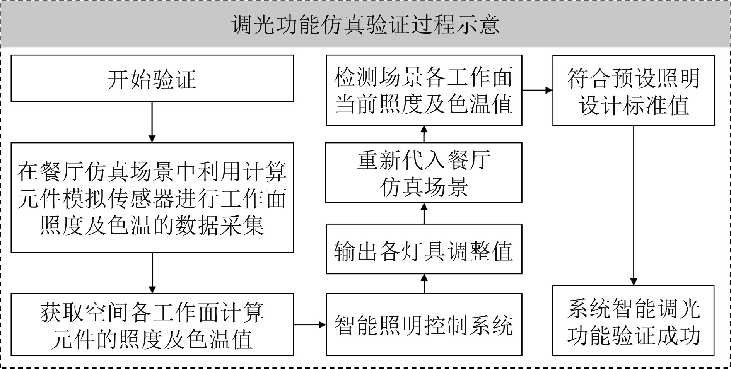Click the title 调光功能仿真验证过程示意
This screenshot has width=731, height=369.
point(365,25)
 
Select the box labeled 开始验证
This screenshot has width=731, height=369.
point(152,79)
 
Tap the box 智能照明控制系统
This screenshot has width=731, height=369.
point(424,325)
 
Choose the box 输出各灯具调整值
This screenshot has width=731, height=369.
point(424,249)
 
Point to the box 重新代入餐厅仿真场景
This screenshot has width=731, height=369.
point(424,173)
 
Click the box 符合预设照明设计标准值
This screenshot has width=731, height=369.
point(633,91)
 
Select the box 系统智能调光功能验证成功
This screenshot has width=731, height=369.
point(633,321)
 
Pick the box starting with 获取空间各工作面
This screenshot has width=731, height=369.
point(152,325)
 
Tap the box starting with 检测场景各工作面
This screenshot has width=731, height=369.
point(424,91)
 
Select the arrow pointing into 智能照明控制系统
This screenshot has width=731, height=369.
point(309,325)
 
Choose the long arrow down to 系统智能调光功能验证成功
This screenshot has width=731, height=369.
point(633,205)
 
